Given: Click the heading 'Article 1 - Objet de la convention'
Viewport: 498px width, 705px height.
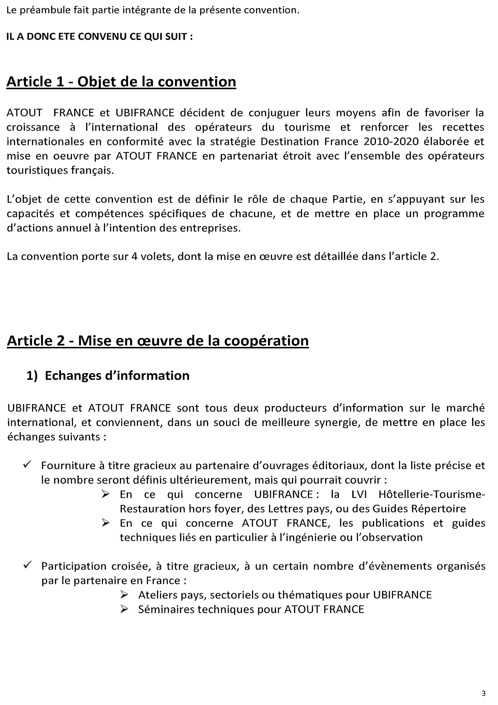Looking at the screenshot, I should point(121,82).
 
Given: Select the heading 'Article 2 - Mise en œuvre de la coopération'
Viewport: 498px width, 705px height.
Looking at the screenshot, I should point(158,340).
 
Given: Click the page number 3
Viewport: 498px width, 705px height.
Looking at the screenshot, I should point(483,693).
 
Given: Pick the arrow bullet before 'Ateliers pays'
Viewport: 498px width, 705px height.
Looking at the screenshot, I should point(125,595).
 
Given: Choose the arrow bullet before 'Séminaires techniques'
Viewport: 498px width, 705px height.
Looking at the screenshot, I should point(125,609).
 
